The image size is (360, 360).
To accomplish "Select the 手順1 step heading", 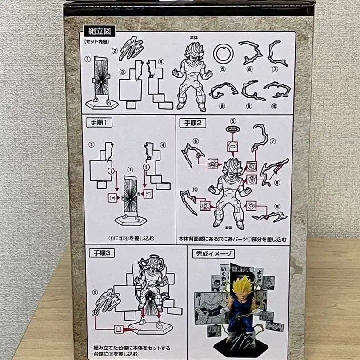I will (102, 123).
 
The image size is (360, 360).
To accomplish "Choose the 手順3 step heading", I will (102, 252).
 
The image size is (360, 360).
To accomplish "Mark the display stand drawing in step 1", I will (129, 200).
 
